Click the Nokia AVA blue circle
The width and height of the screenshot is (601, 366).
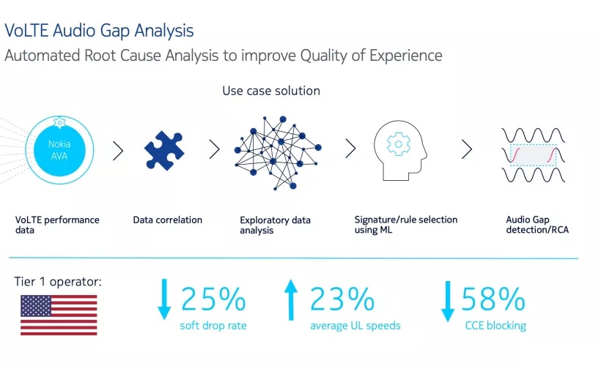click(x=59, y=150)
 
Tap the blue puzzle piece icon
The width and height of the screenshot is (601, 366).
click(x=164, y=150)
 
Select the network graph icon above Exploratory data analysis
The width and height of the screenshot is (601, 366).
click(x=278, y=152)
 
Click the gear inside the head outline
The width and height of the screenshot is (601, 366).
click(x=398, y=144)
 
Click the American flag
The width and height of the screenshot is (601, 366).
click(x=59, y=315)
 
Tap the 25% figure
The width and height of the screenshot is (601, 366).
click(x=213, y=299)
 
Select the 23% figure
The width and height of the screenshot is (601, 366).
click(x=342, y=299)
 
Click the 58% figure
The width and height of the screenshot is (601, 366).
click(x=493, y=299)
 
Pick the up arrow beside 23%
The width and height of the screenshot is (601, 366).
click(x=291, y=300)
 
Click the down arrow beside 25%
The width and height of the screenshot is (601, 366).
click(x=164, y=299)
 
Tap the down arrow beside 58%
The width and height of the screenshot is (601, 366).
click(x=448, y=302)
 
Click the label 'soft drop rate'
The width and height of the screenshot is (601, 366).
click(x=213, y=326)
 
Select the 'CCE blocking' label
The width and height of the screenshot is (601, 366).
click(x=495, y=326)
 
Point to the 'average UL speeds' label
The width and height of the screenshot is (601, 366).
click(x=355, y=326)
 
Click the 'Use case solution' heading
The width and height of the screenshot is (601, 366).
click(x=271, y=91)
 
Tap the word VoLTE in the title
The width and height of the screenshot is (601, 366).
click(x=27, y=31)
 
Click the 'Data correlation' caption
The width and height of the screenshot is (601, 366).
click(x=168, y=220)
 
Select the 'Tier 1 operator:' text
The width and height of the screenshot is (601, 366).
click(x=58, y=282)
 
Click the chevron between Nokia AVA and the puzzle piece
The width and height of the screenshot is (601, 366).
click(x=118, y=151)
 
